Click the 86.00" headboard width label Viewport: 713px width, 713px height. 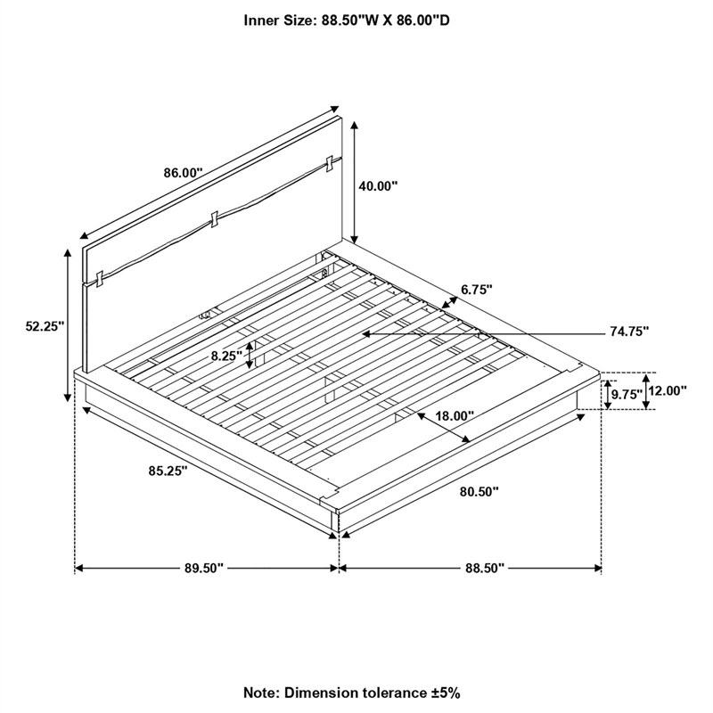pos(183,173)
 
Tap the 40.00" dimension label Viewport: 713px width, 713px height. pos(378,186)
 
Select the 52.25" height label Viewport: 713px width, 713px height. pos(45,326)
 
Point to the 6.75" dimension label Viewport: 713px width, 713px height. pos(476,290)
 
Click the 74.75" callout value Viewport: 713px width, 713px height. pos(629,332)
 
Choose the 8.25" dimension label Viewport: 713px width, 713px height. pos(226,356)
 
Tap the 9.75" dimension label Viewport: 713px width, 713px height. pos(627,395)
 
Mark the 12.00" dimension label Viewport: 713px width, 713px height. pos(667,390)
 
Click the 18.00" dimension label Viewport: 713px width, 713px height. pos(455,415)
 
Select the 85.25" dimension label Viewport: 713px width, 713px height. pos(168,471)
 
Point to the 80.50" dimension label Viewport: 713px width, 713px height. pos(479,492)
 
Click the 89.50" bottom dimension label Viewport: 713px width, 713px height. pos(204,568)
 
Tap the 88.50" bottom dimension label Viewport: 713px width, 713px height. pos(485,568)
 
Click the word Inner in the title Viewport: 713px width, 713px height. pos(260,20)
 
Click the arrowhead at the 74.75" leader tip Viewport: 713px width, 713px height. pos(366,333)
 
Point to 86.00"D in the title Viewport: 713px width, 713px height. pos(423,20)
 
